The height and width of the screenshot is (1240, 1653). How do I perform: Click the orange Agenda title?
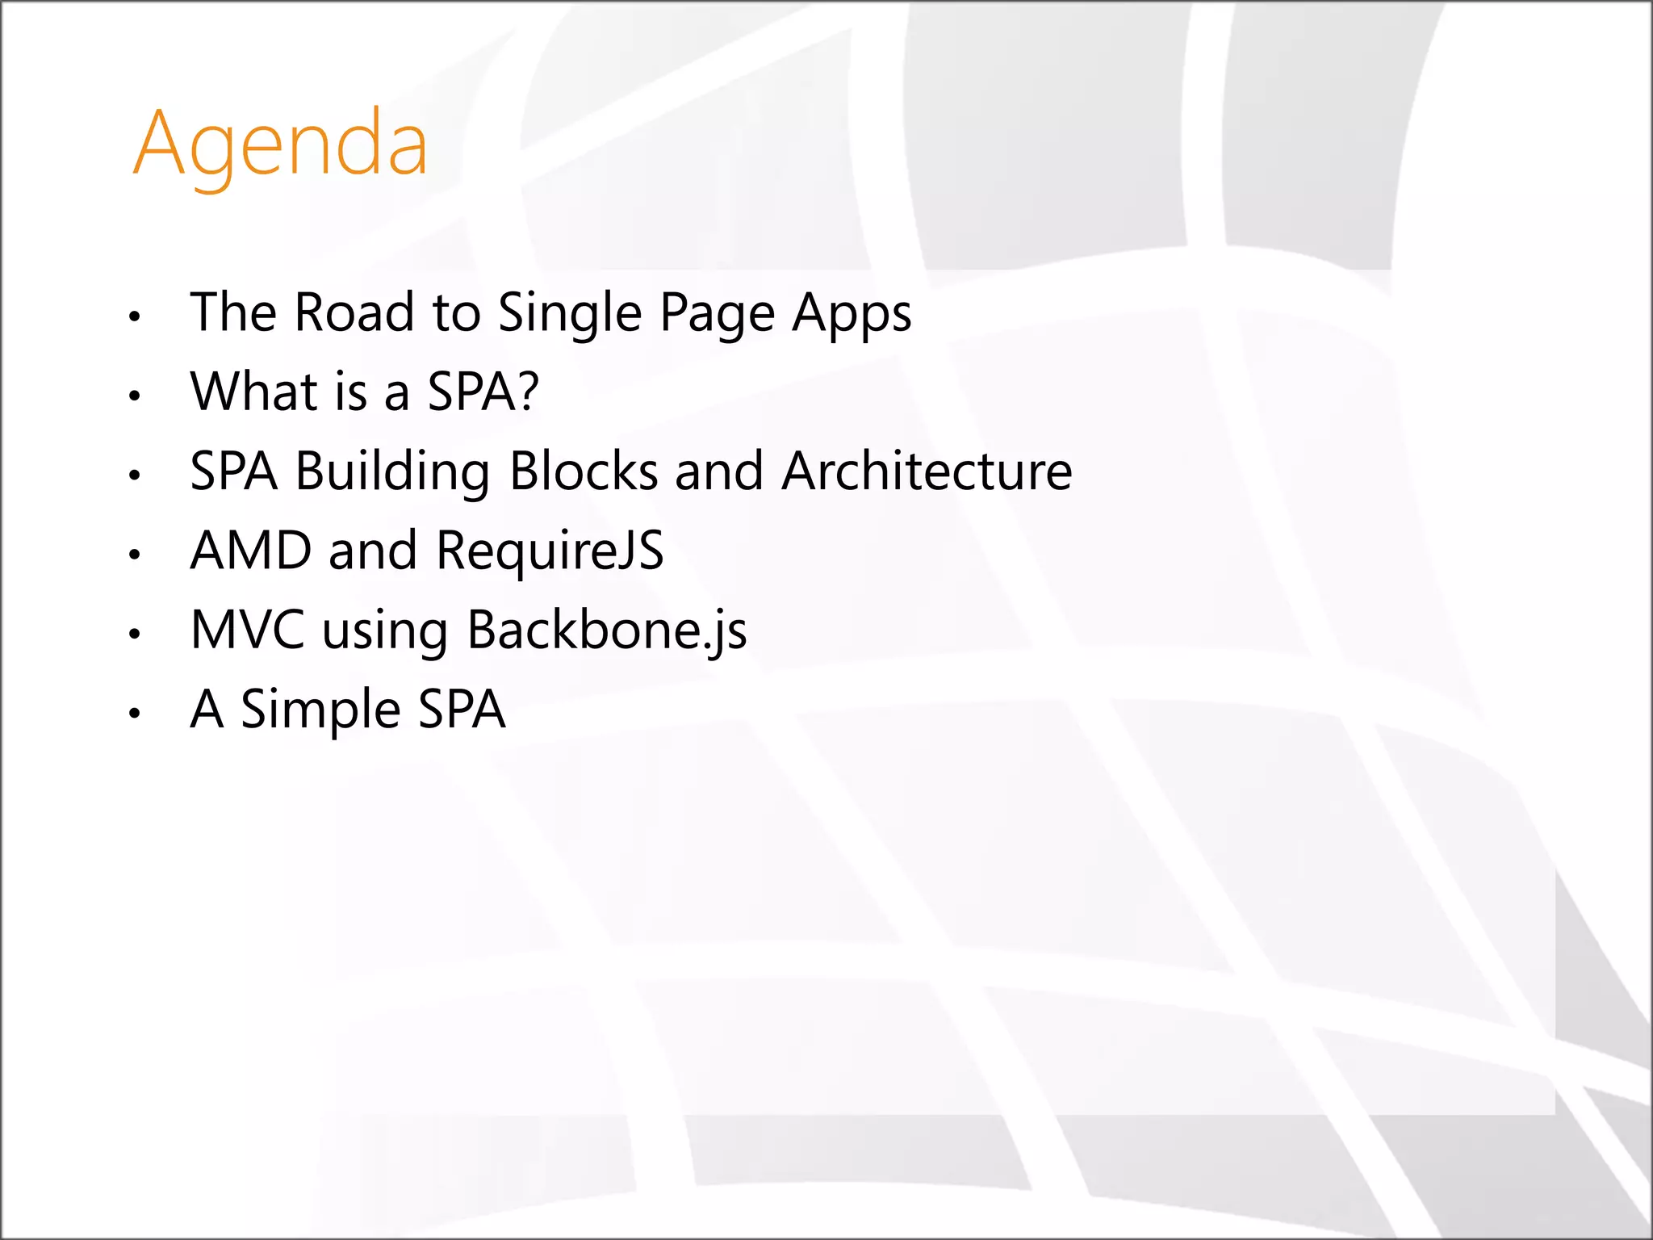[x=279, y=145]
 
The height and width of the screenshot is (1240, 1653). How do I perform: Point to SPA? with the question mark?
[x=483, y=392]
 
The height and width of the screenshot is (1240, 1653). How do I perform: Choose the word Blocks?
[x=584, y=471]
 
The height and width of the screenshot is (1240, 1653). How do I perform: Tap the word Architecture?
[x=927, y=471]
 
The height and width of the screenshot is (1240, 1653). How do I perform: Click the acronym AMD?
[x=250, y=551]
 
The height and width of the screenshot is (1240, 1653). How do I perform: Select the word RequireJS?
[x=550, y=551]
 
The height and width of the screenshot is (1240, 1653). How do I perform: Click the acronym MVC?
[x=248, y=630]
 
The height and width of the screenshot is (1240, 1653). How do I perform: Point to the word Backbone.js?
[x=607, y=630]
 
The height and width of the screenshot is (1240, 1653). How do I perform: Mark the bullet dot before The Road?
[x=135, y=316]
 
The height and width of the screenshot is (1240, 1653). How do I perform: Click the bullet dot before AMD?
[x=135, y=555]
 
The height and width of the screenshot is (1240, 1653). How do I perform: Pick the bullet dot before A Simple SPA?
[x=135, y=713]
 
